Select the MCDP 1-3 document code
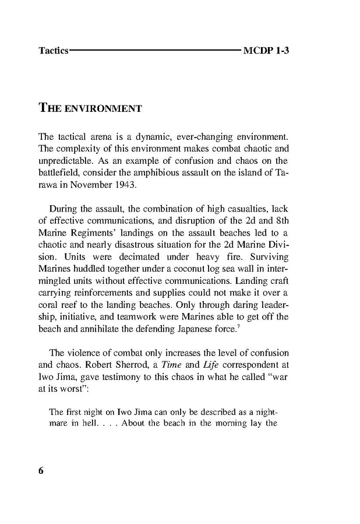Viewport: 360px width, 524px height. (266, 51)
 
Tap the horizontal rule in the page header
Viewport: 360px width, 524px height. (155, 51)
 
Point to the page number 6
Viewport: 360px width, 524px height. (41, 472)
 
